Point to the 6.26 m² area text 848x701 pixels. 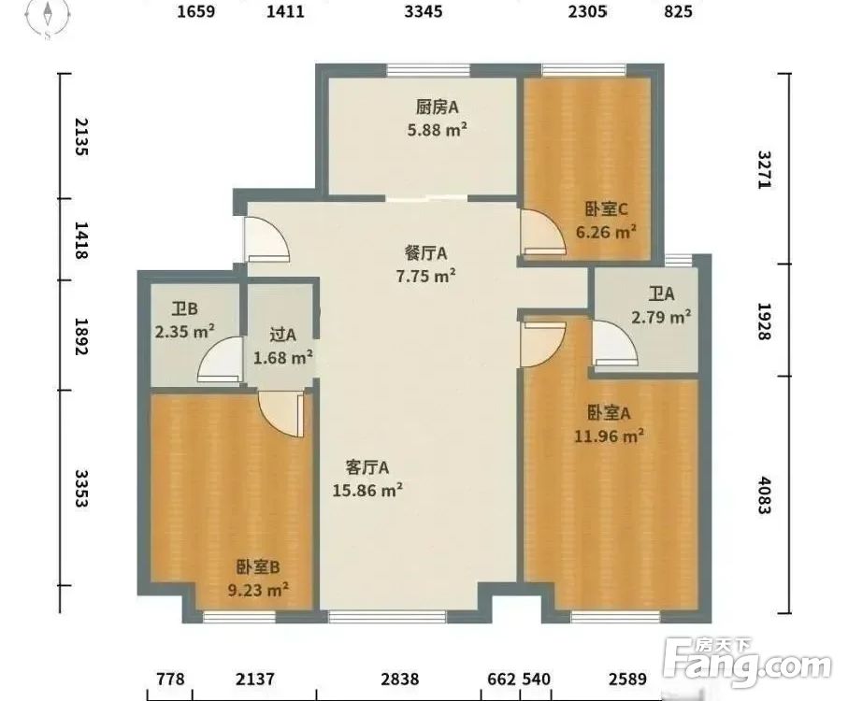pos(607,232)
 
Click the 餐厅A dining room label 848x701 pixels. pos(425,252)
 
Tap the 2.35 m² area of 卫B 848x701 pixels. pos(185,330)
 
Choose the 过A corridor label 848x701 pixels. pos(282,335)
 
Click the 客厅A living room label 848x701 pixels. pos(367,466)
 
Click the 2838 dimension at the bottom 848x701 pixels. pos(399,679)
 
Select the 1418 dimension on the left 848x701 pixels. pos(81,240)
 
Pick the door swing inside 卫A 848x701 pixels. pos(613,344)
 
